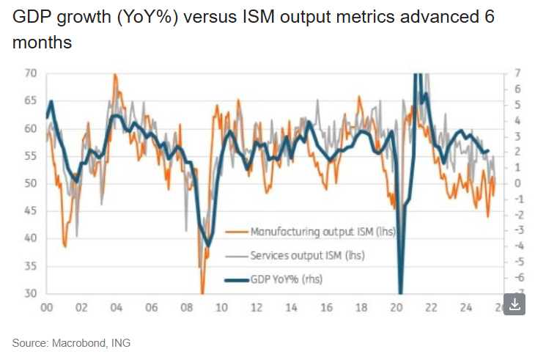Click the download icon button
pyautogui.click(x=515, y=304)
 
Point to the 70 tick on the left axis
pyautogui.click(x=30, y=73)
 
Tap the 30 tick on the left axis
pyautogui.click(x=30, y=294)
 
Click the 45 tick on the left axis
pyautogui.click(x=30, y=211)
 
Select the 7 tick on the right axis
pyautogui.click(x=517, y=73)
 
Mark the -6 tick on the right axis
pyautogui.click(x=516, y=278)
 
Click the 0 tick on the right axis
pyautogui.click(x=517, y=183)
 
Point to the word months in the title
pyautogui.click(x=42, y=43)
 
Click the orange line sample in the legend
pyautogui.click(x=235, y=232)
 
